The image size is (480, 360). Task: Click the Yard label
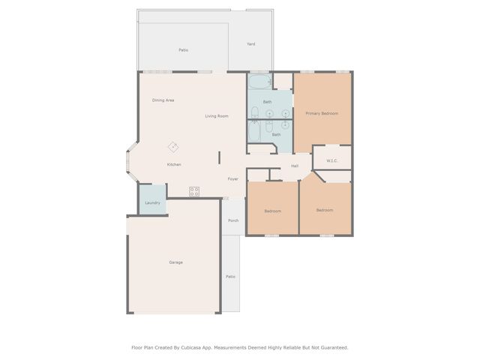[x=251, y=44]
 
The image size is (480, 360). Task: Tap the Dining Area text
[x=163, y=100]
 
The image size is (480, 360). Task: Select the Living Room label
[x=217, y=116]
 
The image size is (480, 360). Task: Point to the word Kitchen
[x=174, y=164]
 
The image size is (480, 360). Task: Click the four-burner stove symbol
[x=194, y=191]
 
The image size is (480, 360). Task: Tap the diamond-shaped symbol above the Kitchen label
[x=173, y=146]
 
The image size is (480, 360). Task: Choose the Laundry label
[x=152, y=202]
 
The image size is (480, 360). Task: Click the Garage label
[x=175, y=262]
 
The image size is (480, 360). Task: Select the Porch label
[x=233, y=220]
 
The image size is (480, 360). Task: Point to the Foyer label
[x=233, y=179]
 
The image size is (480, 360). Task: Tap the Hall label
[x=295, y=166]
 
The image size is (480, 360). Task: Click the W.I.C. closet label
[x=331, y=159]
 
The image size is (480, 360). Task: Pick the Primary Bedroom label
[x=322, y=113]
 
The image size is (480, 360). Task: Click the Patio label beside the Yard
[x=183, y=50]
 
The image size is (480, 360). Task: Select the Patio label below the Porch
[x=231, y=277]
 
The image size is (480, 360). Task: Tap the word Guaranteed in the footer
[x=332, y=347]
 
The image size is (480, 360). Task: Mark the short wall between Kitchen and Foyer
[x=219, y=158]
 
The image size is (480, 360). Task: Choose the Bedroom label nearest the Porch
[x=272, y=211]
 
